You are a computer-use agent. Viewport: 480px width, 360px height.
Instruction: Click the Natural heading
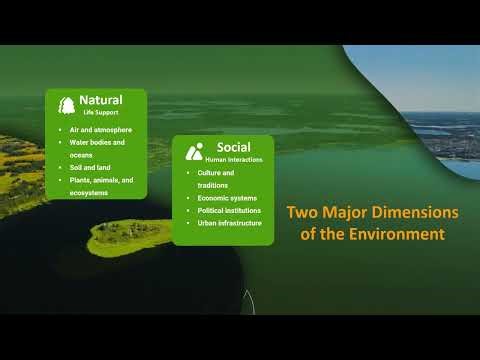pos(101,100)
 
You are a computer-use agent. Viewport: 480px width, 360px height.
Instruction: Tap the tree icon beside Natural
pos(67,105)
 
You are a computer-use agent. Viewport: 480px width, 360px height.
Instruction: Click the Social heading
pos(233,147)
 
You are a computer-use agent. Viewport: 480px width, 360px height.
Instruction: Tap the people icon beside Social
pos(194,152)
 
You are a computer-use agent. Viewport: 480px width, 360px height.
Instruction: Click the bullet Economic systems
pos(227,198)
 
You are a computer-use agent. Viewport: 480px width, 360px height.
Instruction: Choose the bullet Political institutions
pos(230,211)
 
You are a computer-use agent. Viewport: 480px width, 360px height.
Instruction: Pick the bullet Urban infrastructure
pos(230,223)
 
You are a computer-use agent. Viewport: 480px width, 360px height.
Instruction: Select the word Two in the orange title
pos(299,213)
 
